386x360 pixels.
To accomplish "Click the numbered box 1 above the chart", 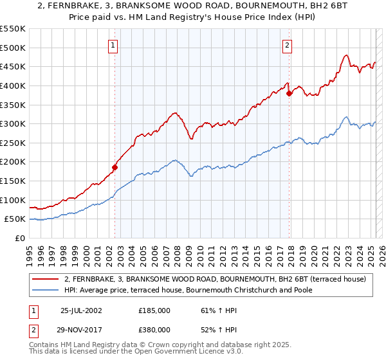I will [113, 45].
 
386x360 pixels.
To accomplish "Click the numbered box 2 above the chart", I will [287, 45].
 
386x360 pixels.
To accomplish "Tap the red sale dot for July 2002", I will [115, 168].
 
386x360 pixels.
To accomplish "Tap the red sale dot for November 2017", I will [289, 93].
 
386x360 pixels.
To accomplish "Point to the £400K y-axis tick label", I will [13, 85].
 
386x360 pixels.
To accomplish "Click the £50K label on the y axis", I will [15, 219].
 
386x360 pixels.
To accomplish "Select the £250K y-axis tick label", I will [13, 143].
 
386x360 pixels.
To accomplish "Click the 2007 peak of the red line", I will [174, 113].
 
